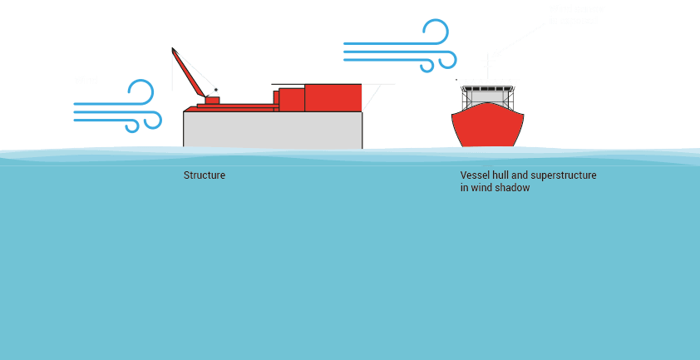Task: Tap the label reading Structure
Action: coord(205,175)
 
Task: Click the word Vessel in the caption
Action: coord(474,175)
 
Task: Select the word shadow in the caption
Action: coord(513,188)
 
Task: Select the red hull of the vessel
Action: coord(488,129)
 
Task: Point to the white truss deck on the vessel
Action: coord(488,82)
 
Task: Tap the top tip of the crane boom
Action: coord(173,50)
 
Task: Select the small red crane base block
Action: coord(212,100)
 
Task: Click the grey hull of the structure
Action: coord(273,130)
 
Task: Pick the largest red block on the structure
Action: coord(333,97)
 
